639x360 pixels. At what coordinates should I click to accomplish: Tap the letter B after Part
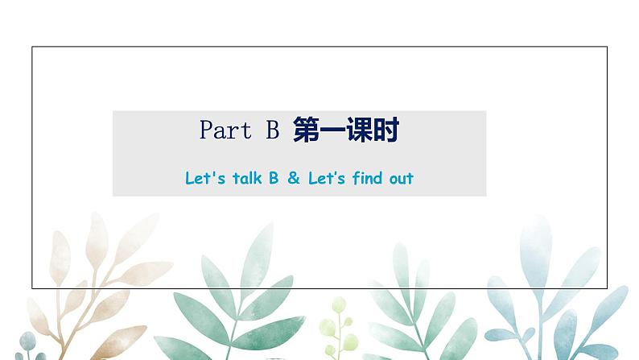[x=270, y=130]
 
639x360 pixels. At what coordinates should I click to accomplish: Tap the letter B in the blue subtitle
[x=274, y=178]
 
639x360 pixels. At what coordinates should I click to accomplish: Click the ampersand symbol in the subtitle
[x=294, y=178]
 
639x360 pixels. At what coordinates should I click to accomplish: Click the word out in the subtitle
[x=400, y=178]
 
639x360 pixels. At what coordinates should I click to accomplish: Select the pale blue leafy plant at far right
[x=555, y=298]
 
